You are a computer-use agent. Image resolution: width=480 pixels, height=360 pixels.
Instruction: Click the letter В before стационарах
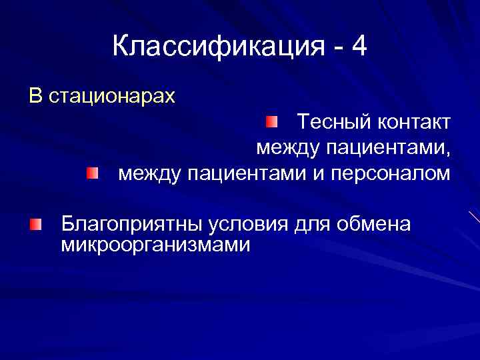(x=35, y=97)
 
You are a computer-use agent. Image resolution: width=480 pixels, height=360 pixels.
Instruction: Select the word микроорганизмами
(x=155, y=245)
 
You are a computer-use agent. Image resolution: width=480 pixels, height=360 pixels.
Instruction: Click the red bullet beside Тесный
(x=271, y=122)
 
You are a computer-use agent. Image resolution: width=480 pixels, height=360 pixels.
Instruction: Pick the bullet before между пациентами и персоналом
(x=92, y=174)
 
